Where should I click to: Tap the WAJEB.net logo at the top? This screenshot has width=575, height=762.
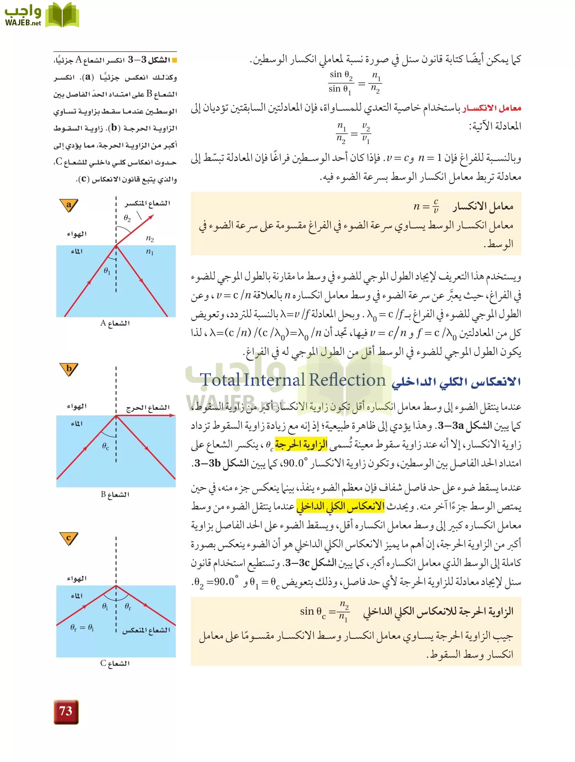[41, 16]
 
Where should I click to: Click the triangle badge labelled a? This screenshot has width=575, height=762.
[69, 205]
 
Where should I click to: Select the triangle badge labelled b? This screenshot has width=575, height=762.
[69, 369]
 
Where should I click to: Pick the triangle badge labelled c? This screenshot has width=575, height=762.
[69, 538]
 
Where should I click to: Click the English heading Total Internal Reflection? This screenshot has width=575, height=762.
[293, 380]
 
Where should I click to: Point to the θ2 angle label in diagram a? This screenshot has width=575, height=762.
[127, 218]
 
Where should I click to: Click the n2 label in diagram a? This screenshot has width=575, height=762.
[149, 238]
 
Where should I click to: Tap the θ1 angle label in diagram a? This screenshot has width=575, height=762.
[107, 271]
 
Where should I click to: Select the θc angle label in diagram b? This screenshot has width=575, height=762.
[105, 446]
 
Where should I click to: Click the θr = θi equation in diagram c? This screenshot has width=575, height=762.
[82, 628]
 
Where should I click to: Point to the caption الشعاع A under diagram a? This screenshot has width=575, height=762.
[115, 323]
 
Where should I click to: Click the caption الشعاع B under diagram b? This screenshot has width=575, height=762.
[115, 494]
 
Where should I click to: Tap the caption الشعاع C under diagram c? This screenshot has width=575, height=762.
[115, 663]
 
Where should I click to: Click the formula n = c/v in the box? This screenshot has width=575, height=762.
[426, 206]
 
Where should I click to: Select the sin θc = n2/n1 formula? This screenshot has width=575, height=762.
[324, 611]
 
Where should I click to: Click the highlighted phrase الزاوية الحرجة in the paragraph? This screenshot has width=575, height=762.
[301, 444]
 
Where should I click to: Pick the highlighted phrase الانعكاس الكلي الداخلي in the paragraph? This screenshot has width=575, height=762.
[340, 506]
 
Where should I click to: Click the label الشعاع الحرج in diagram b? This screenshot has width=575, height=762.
[148, 408]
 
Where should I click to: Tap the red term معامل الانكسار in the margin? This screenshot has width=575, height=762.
[492, 108]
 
